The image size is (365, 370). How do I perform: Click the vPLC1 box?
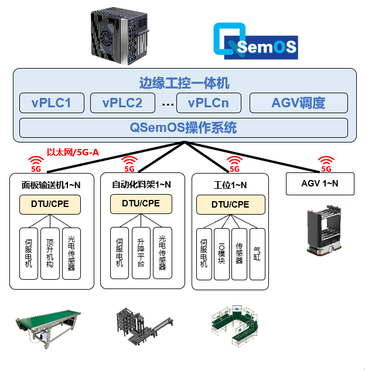pyautogui.click(x=52, y=103)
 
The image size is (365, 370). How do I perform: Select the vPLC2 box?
pyautogui.click(x=122, y=103)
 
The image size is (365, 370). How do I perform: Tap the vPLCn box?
pyautogui.click(x=208, y=103)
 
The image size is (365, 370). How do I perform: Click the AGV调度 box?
pyautogui.click(x=298, y=103)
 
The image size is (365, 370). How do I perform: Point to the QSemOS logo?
pyautogui.click(x=255, y=42)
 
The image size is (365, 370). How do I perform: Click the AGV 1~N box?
pyautogui.click(x=320, y=184)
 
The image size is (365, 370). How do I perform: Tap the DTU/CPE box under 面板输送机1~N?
pyautogui.click(x=51, y=204)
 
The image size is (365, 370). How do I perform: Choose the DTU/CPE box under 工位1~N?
pyautogui.click(x=230, y=204)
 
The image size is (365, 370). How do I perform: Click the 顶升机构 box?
pyautogui.click(x=50, y=253)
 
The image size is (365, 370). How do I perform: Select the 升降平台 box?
pyautogui.click(x=141, y=253)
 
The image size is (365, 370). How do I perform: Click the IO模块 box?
pyautogui.click(x=221, y=253)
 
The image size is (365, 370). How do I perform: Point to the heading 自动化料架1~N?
pyautogui.click(x=141, y=184)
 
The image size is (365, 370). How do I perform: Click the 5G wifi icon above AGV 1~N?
pyautogui.click(x=325, y=163)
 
